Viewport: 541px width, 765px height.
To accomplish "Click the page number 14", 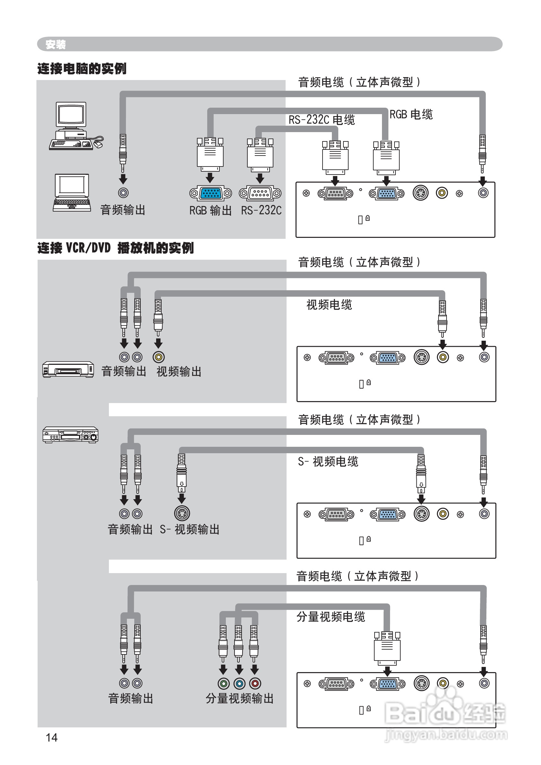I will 52,738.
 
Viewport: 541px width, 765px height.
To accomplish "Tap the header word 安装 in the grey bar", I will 56,44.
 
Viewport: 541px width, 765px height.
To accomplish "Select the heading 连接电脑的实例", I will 82,69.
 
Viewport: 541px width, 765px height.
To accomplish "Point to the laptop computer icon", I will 72,193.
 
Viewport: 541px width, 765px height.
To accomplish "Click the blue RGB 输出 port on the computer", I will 210,193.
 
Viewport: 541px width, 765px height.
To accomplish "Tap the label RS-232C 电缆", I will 322,120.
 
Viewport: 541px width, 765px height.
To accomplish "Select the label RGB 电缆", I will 411,114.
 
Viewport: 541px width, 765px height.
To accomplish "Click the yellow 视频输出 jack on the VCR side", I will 159,357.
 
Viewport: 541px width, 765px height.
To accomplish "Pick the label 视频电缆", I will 329,305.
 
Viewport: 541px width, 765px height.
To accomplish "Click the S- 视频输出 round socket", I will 182,514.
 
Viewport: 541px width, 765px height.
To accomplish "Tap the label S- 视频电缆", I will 328,462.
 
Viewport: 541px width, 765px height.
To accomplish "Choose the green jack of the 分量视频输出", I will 224,684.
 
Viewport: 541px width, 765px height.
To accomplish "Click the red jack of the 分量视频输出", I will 255,684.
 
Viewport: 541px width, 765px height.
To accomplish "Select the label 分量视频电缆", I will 331,617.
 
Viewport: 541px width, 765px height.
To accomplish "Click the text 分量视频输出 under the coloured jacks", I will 240,699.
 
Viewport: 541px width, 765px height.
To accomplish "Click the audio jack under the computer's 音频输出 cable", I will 123,193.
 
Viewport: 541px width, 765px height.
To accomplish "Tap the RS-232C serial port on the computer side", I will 260,193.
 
